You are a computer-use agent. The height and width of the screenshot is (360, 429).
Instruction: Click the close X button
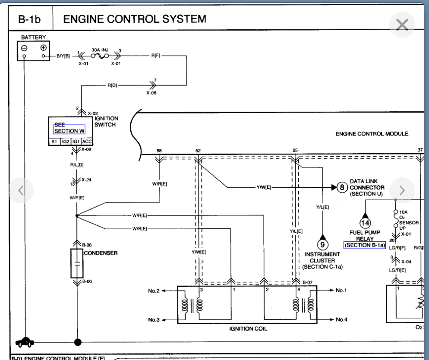402,25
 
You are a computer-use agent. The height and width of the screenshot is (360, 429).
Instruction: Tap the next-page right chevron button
402,190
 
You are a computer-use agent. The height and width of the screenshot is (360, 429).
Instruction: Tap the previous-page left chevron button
21,190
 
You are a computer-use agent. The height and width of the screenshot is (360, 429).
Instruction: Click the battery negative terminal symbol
24,48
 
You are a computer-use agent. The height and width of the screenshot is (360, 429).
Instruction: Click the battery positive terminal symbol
43,47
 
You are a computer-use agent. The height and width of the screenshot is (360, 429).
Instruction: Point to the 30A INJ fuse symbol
100,56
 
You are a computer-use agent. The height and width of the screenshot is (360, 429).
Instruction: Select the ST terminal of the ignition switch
54,142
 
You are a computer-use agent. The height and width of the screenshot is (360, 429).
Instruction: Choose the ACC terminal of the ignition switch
87,142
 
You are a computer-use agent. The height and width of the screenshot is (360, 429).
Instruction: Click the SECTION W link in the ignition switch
69,131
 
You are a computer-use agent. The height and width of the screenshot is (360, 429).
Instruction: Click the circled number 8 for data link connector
342,187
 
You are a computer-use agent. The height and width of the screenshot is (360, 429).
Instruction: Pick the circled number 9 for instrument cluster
322,244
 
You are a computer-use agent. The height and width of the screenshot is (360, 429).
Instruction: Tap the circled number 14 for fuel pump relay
365,223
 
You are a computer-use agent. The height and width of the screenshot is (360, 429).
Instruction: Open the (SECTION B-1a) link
365,245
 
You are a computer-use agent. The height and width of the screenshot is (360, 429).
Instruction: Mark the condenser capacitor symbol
77,263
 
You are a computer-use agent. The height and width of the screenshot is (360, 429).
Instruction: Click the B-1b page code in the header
29,19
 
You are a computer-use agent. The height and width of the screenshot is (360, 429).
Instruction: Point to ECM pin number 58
159,151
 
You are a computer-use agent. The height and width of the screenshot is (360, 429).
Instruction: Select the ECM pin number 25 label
295,150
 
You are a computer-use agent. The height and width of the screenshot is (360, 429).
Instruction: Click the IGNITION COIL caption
248,328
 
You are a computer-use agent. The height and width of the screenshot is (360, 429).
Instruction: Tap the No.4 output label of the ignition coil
341,319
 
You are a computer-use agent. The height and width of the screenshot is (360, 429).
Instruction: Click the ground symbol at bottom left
25,342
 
